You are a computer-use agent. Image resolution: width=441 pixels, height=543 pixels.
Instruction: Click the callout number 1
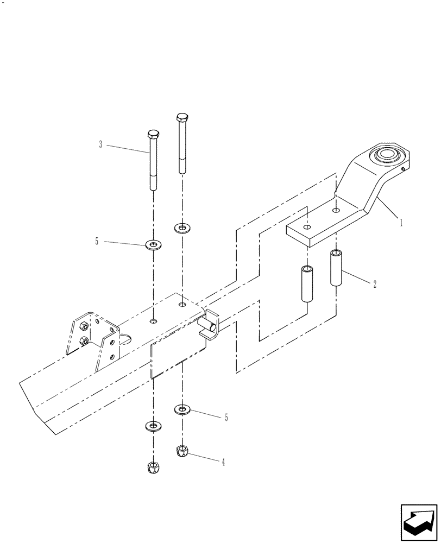pyautogui.click(x=401, y=222)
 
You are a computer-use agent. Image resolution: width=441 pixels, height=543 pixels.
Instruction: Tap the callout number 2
pyautogui.click(x=374, y=283)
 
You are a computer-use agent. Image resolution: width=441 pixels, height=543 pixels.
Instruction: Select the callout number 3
pyautogui.click(x=100, y=144)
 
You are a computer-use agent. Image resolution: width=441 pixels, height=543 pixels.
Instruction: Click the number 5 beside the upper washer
pyautogui.click(x=97, y=242)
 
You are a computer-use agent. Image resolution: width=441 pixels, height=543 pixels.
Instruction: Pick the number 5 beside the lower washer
pyautogui.click(x=226, y=418)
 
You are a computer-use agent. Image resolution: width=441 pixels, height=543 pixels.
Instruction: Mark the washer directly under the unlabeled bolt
pyautogui.click(x=182, y=227)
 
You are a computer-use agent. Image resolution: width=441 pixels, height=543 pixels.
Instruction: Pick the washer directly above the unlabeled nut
pyautogui.click(x=154, y=425)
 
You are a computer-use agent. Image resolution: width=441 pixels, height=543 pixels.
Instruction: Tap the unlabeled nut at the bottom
pyautogui.click(x=154, y=467)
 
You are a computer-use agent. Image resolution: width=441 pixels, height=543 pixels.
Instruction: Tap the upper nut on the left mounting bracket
pyautogui.click(x=85, y=326)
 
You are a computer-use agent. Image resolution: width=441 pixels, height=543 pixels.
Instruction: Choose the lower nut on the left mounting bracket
pyautogui.click(x=85, y=341)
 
